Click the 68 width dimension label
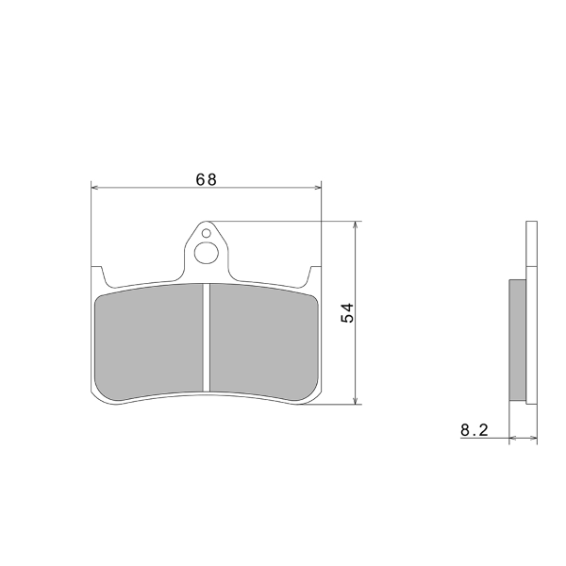[x=206, y=179]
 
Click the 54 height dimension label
[x=347, y=312]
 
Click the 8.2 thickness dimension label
[x=474, y=430]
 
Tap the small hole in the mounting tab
[x=206, y=233]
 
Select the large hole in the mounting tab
[x=206, y=253]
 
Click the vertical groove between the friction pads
[x=206, y=338]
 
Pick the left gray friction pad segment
[x=149, y=342]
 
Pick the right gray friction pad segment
[x=264, y=342]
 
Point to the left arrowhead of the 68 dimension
[x=95, y=188]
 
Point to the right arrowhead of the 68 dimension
[x=317, y=188]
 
